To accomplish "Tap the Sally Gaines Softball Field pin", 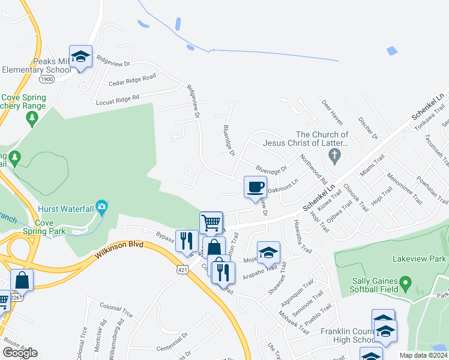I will tap(405, 281).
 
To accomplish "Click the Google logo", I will tap(20, 353).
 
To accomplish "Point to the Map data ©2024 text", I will tap(423, 355).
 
